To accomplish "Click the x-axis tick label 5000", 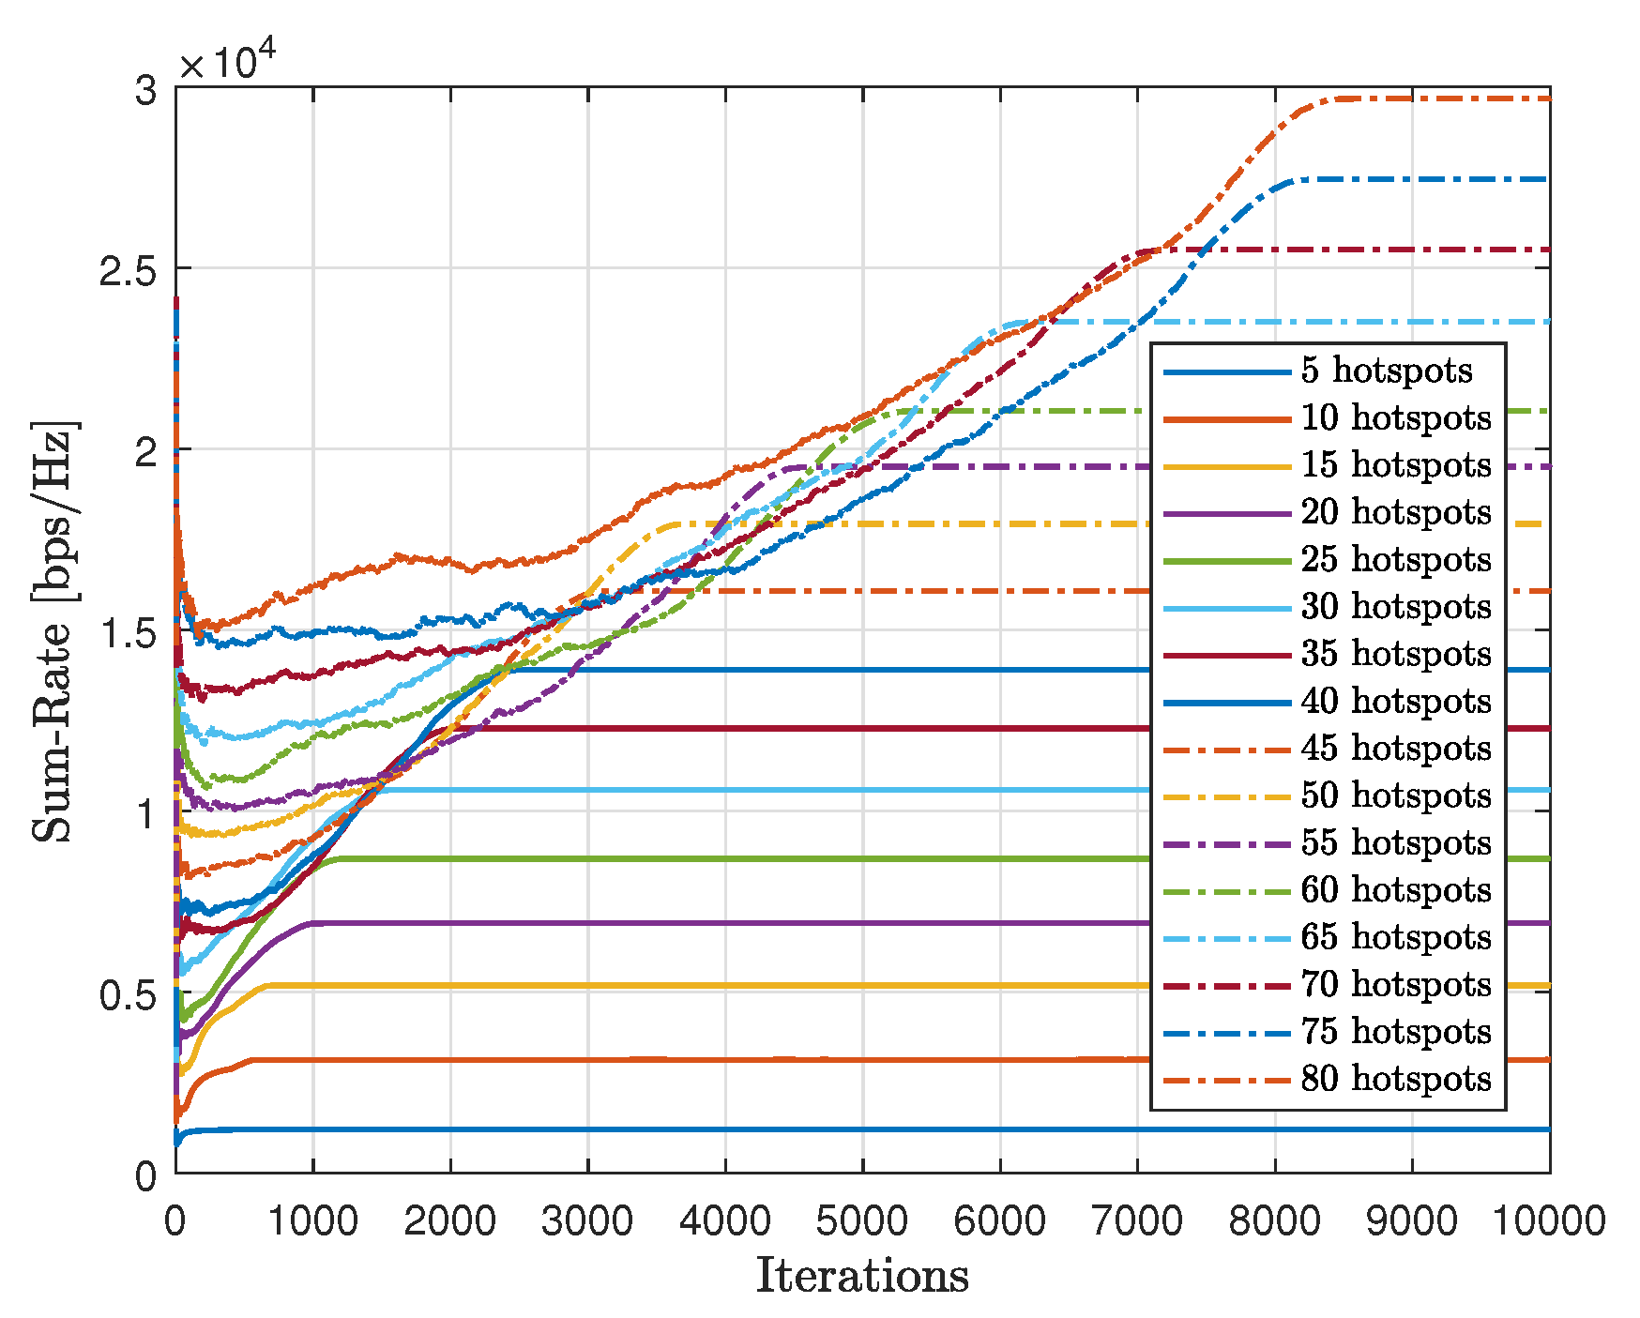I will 861,1221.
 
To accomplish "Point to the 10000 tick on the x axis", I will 1548,1221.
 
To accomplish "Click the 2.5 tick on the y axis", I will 126,269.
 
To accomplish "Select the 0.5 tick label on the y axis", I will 126,993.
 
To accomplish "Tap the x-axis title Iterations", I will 861,1277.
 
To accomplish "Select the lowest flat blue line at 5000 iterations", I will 861,1129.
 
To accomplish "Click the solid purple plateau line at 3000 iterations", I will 587,923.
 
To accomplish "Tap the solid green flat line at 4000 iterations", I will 725,858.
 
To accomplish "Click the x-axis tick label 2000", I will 449,1221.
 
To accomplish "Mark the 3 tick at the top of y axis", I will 145,91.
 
